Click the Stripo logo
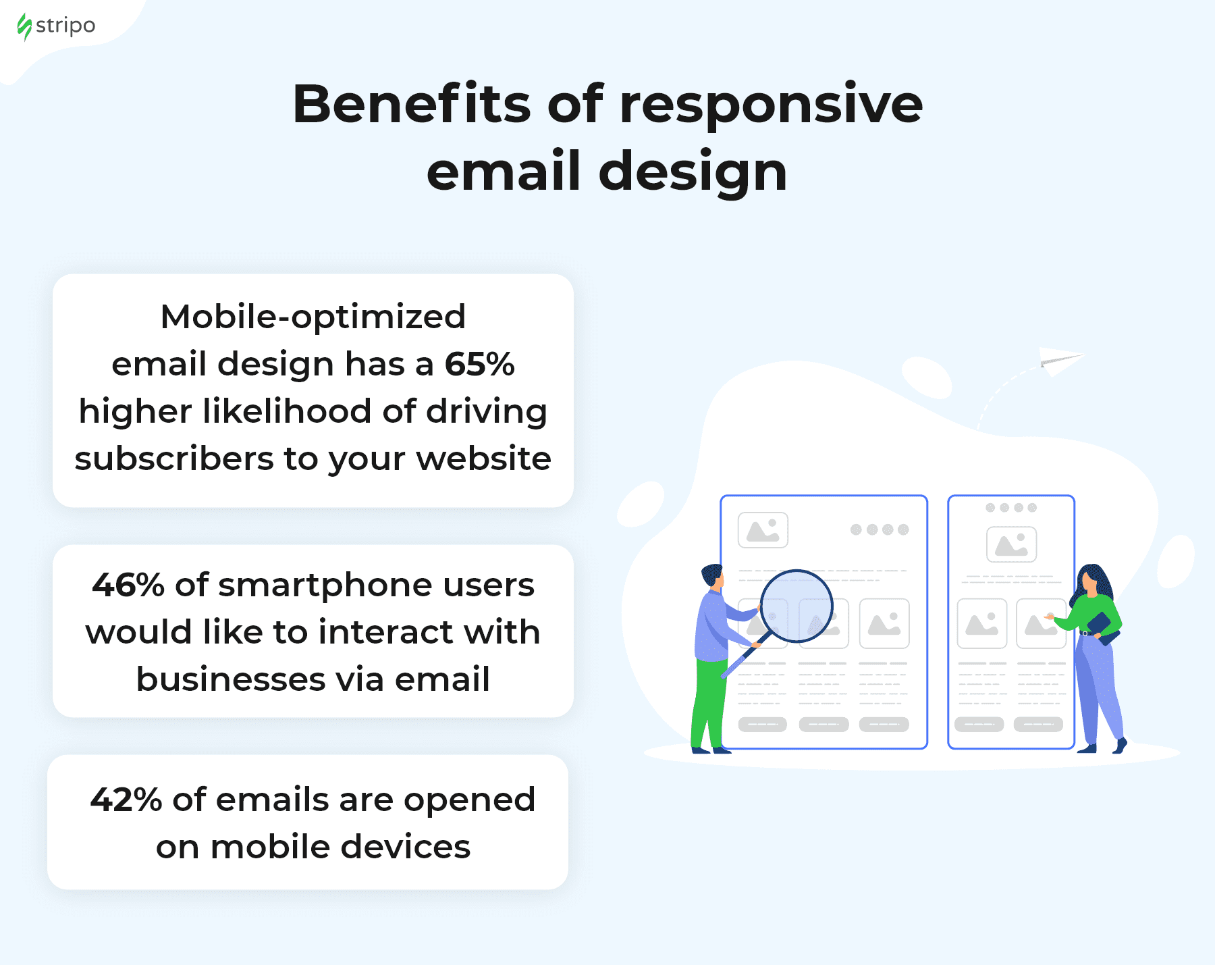coord(56,26)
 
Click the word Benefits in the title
coord(412,104)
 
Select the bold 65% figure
coord(480,364)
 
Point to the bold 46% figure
coord(128,585)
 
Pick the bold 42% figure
coord(126,800)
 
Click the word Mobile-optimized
coord(313,317)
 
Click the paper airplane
coord(1060,361)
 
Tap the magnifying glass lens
coord(796,606)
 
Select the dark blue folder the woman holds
coord(1103,628)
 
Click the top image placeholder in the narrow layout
coord(1011,544)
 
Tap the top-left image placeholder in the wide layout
coord(763,530)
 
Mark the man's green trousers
coord(709,702)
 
